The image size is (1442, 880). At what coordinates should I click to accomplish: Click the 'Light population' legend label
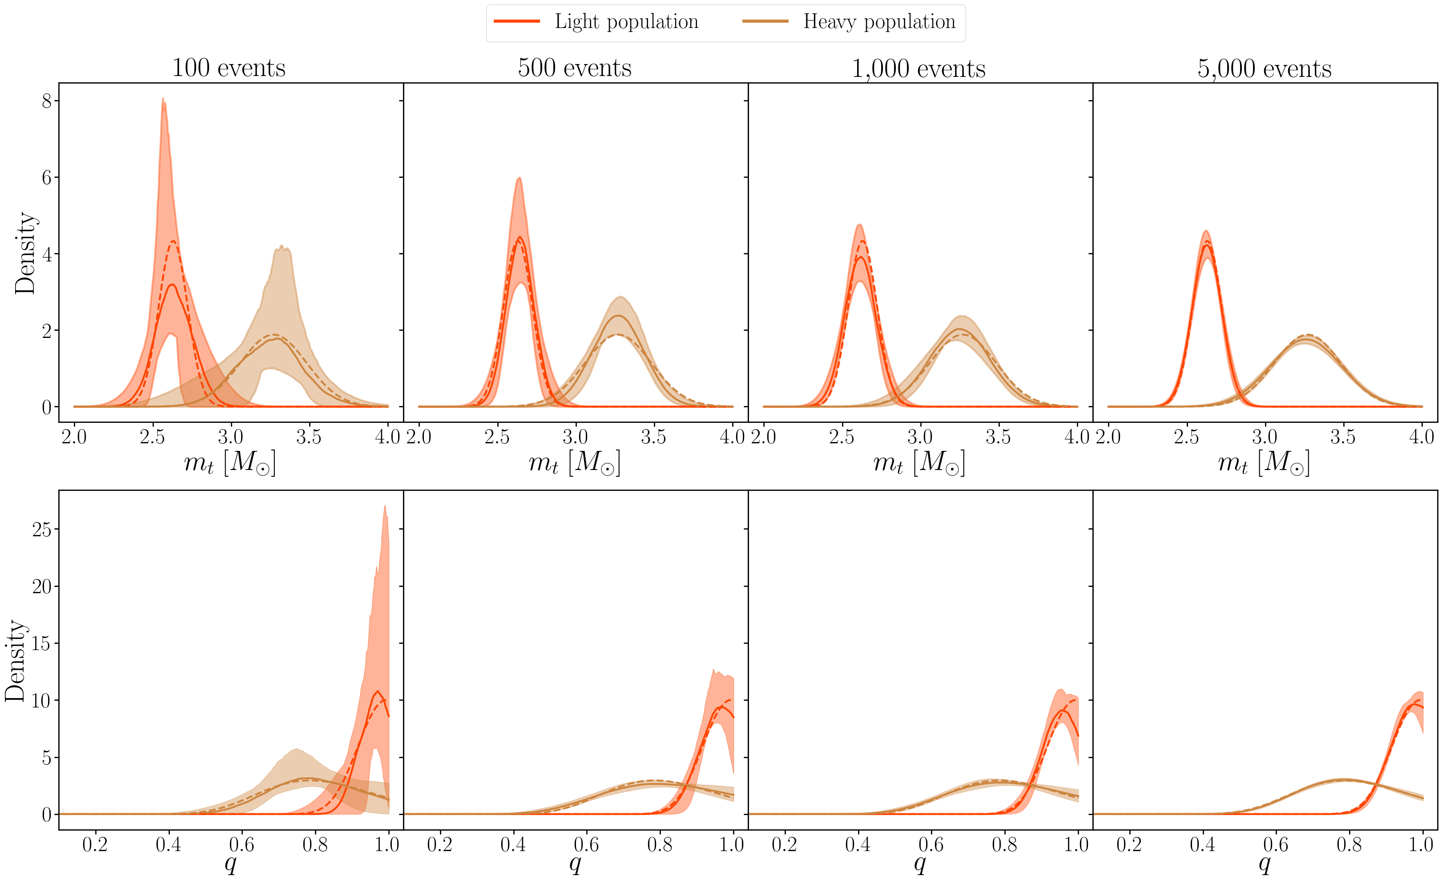click(x=626, y=22)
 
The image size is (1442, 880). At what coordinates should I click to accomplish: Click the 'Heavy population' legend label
click(x=878, y=22)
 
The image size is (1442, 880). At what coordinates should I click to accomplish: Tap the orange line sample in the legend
click(x=517, y=22)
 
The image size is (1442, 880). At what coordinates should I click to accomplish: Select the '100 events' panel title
click(x=229, y=68)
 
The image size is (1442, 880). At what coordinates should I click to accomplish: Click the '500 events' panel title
click(x=574, y=68)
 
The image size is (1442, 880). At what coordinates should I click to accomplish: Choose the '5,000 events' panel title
click(x=1264, y=68)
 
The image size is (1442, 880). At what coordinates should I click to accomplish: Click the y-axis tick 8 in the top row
click(x=47, y=101)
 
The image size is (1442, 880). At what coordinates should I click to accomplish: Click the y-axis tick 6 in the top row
click(x=47, y=177)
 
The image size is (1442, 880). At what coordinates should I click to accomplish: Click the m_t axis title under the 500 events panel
click(x=574, y=463)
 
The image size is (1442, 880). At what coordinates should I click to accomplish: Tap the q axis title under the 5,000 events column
click(x=1264, y=863)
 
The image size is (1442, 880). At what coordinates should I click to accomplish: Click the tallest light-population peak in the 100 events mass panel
click(x=163, y=98)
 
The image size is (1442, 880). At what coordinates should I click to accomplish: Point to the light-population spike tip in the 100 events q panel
click(x=384, y=507)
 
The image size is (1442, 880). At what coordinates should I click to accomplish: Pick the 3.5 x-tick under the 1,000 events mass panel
click(x=998, y=437)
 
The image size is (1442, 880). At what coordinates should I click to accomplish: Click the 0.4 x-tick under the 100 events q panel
click(x=169, y=844)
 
